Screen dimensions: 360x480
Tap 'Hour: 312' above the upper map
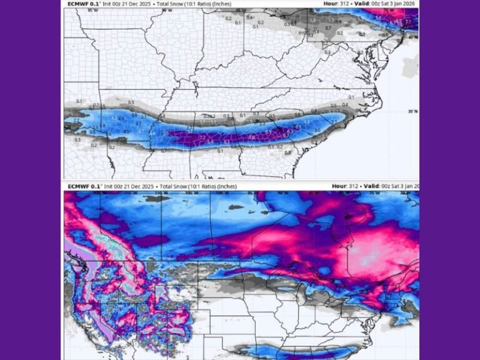336,3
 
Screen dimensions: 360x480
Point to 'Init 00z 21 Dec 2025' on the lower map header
124,186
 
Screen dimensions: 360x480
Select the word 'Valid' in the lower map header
375,186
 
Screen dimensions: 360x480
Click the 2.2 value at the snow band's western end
76,120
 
